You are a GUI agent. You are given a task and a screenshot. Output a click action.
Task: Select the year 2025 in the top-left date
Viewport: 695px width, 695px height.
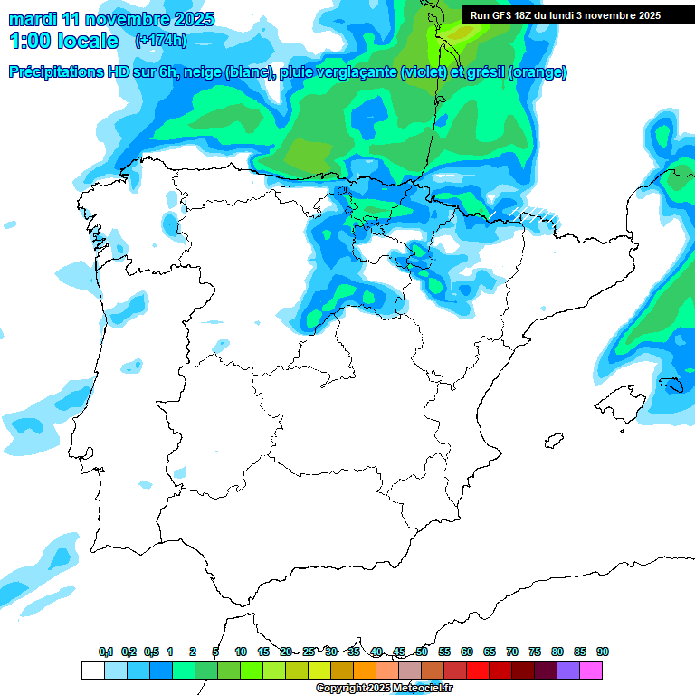click(x=192, y=19)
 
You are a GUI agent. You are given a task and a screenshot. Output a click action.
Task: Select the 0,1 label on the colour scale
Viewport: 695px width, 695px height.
click(x=106, y=652)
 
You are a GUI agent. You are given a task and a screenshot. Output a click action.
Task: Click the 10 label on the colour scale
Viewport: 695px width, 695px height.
click(x=241, y=652)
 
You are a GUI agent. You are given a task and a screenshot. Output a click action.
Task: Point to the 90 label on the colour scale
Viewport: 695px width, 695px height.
click(x=603, y=652)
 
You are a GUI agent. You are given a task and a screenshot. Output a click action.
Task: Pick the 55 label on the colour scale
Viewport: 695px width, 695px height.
click(x=444, y=652)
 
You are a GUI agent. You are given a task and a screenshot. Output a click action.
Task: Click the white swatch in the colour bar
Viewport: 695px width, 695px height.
click(x=92, y=670)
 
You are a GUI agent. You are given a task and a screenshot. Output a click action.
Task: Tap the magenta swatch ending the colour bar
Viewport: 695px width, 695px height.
click(x=591, y=670)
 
